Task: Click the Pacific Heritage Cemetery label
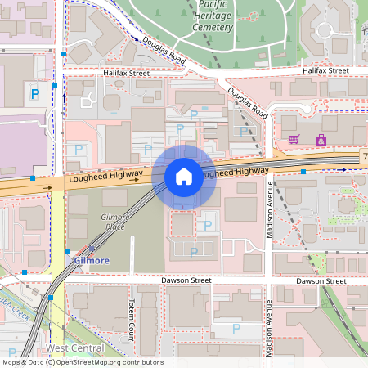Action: point(212,16)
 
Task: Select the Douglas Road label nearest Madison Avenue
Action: point(248,103)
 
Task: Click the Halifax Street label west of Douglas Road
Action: point(127,73)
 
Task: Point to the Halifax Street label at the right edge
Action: point(326,71)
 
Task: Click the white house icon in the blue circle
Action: point(184,176)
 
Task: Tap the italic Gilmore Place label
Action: point(113,221)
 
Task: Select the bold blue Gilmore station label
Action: point(92,260)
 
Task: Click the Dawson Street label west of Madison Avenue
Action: point(185,280)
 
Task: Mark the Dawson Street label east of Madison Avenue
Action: point(322,280)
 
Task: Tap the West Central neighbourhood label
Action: point(74,348)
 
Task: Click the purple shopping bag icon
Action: point(321,140)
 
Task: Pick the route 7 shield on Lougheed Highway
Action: point(365,155)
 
